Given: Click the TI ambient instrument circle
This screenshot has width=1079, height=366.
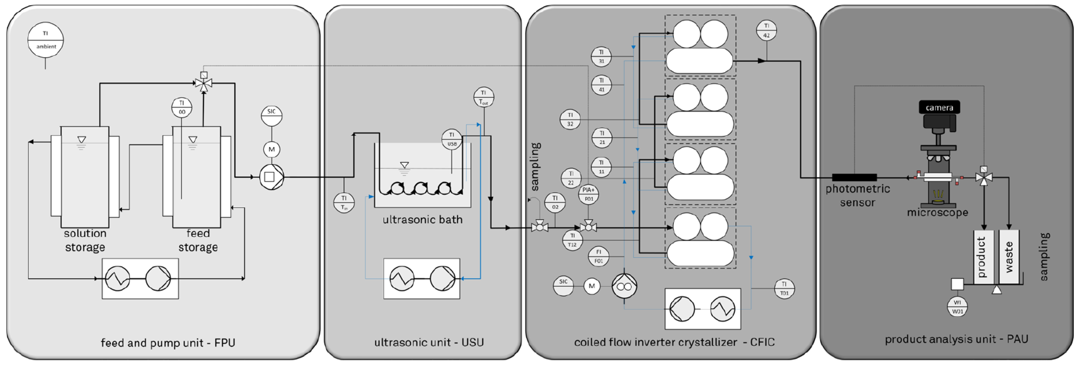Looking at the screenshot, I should coord(45,40).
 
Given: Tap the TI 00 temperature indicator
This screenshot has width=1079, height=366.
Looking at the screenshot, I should coord(182,108).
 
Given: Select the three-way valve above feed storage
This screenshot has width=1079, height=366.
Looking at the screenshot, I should coord(204,83).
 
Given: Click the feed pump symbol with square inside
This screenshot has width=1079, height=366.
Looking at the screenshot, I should coord(272,177).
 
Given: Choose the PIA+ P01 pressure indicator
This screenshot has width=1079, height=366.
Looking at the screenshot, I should coord(589,194).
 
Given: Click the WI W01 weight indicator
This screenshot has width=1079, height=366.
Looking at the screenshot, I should coord(957,307).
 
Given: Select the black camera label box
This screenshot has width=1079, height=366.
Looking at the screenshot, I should coord(939,108).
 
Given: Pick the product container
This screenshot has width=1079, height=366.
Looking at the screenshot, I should coord(983,257).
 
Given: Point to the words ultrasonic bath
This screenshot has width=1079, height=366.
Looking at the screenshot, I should coord(422,220).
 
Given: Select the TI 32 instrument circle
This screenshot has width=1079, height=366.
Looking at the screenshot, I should coord(570,120).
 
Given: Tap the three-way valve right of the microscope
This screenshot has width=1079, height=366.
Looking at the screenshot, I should coord(983,177).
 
